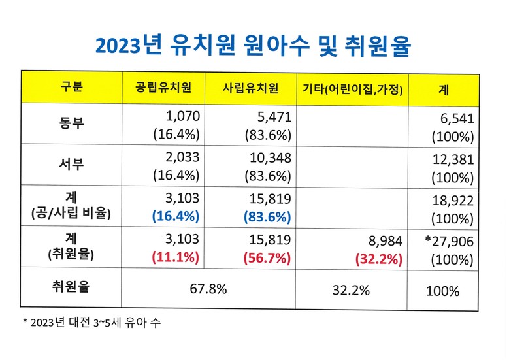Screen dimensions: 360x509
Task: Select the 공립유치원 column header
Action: pos(163,88)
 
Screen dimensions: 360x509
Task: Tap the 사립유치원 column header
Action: pos(251,88)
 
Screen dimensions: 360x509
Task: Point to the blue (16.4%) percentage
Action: pos(176,217)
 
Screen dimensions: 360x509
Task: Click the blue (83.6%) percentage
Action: pos(267,217)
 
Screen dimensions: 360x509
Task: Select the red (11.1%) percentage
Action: pos(176,257)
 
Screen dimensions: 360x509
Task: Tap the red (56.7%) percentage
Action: pos(267,257)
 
